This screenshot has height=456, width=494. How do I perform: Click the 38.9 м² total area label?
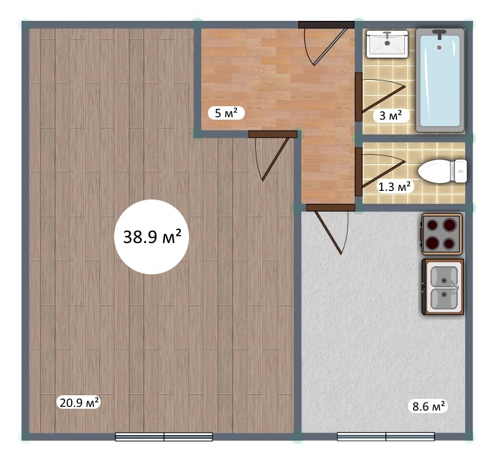pyautogui.click(x=152, y=237)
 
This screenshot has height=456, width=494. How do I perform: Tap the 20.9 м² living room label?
pyautogui.click(x=79, y=402)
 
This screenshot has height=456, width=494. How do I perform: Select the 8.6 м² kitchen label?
pyautogui.click(x=428, y=406)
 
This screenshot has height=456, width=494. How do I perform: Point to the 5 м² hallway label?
pyautogui.click(x=226, y=113)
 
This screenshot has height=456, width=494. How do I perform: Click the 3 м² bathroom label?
pyautogui.click(x=391, y=115)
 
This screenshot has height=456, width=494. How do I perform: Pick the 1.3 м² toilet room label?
pyautogui.click(x=394, y=187)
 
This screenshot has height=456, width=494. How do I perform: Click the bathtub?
pyautogui.click(x=440, y=80)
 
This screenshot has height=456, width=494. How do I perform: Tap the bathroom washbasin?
pyautogui.click(x=387, y=44)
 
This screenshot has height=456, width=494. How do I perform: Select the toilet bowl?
pyautogui.click(x=442, y=171)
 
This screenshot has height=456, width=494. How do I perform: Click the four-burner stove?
pyautogui.click(x=442, y=234)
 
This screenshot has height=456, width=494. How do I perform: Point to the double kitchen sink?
pyautogui.click(x=442, y=287)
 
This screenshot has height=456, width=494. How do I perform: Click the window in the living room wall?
pyautogui.click(x=164, y=437)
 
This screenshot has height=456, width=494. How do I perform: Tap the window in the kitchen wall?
pyautogui.click(x=385, y=436)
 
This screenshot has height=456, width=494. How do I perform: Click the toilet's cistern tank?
pyautogui.click(x=461, y=171)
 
